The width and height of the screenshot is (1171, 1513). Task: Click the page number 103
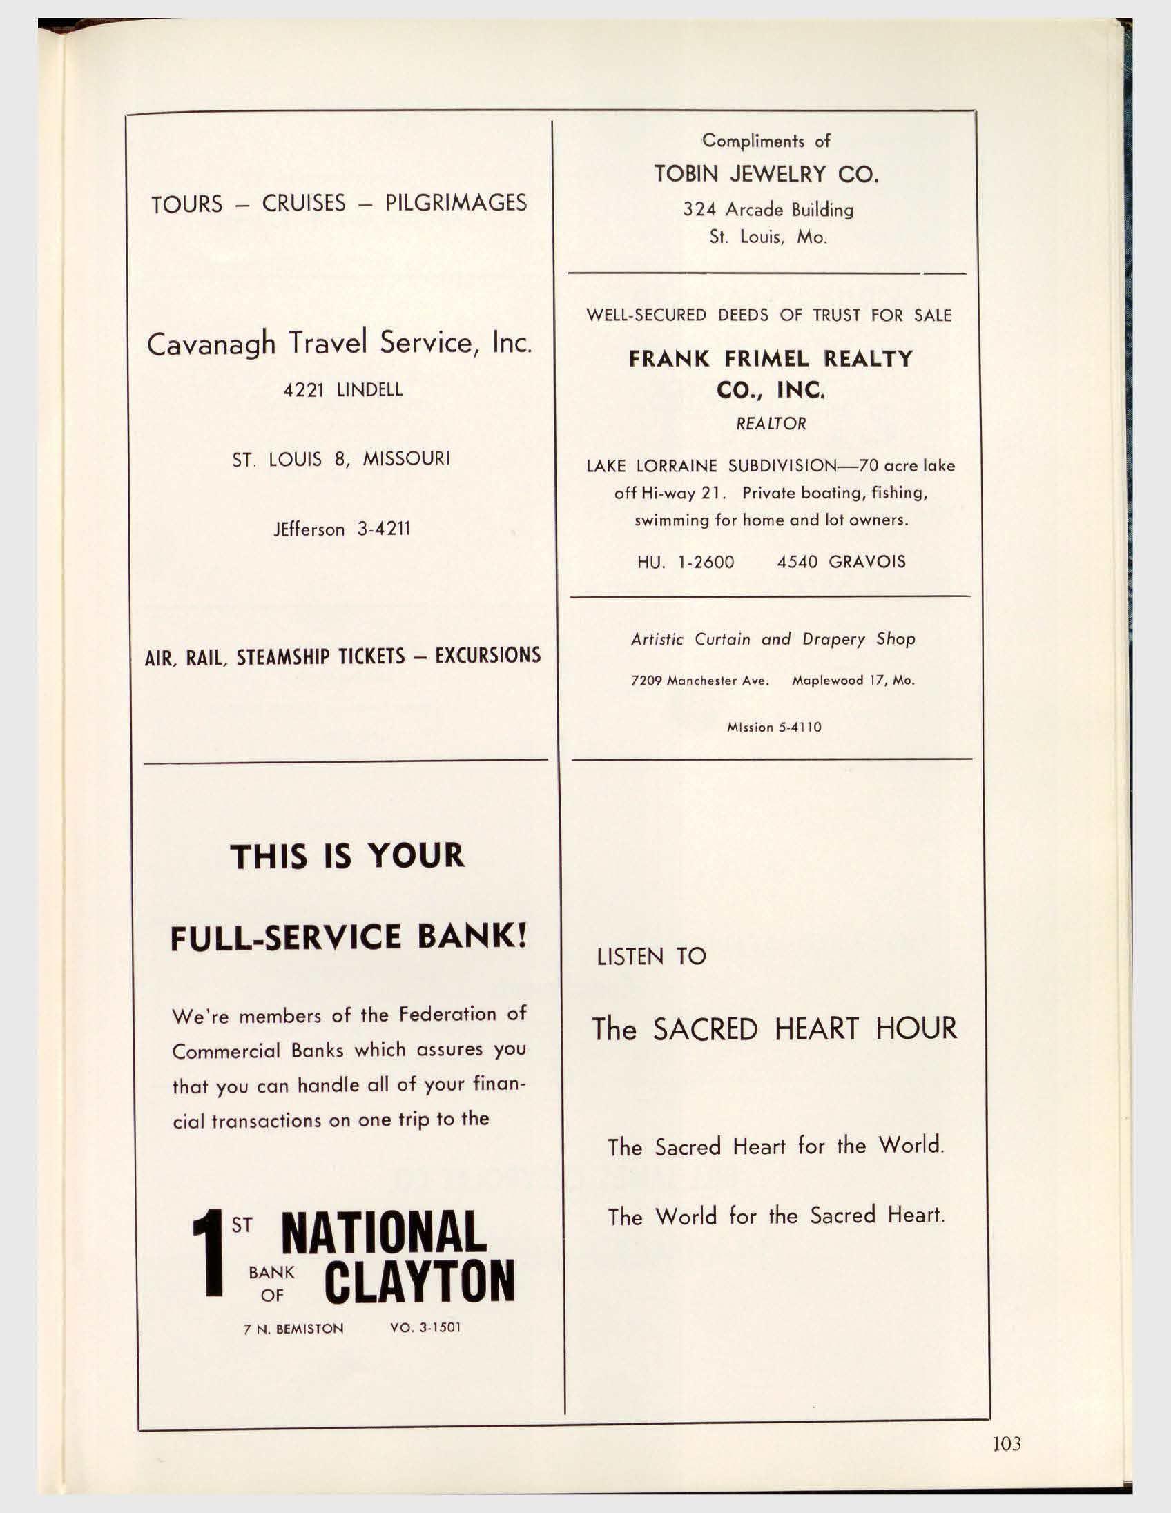(x=1006, y=1444)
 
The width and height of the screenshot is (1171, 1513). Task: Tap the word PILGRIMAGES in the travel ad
(x=455, y=203)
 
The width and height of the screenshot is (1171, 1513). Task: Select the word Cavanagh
(x=211, y=344)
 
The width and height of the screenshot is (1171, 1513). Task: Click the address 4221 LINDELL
(x=342, y=390)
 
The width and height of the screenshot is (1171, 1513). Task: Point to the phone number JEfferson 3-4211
(x=342, y=529)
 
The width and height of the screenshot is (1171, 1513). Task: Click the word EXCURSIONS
(x=487, y=656)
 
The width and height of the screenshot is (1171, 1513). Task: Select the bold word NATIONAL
(x=384, y=1233)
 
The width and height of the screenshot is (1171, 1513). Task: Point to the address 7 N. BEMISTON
(x=293, y=1329)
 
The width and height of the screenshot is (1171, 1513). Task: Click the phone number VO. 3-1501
(x=425, y=1328)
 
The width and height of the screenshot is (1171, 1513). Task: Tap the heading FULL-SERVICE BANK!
(x=349, y=937)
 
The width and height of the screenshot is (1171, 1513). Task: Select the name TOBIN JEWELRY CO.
(x=766, y=174)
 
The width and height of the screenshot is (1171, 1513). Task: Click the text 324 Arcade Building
(x=768, y=210)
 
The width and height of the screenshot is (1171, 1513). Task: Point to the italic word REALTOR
(x=771, y=424)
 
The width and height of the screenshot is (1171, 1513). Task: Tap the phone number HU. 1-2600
(x=686, y=562)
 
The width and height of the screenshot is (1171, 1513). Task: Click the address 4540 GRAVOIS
(x=840, y=562)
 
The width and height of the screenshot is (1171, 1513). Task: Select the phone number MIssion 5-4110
(x=773, y=728)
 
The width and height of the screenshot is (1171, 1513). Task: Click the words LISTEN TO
(x=650, y=957)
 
